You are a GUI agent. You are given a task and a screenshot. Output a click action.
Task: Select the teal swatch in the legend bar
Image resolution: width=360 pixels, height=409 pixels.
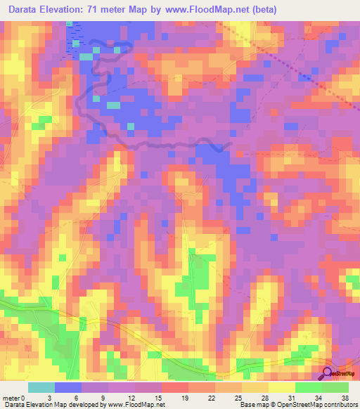click(41, 387)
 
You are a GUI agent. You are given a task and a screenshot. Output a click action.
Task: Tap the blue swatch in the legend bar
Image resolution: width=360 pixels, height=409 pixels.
click(67, 387)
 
